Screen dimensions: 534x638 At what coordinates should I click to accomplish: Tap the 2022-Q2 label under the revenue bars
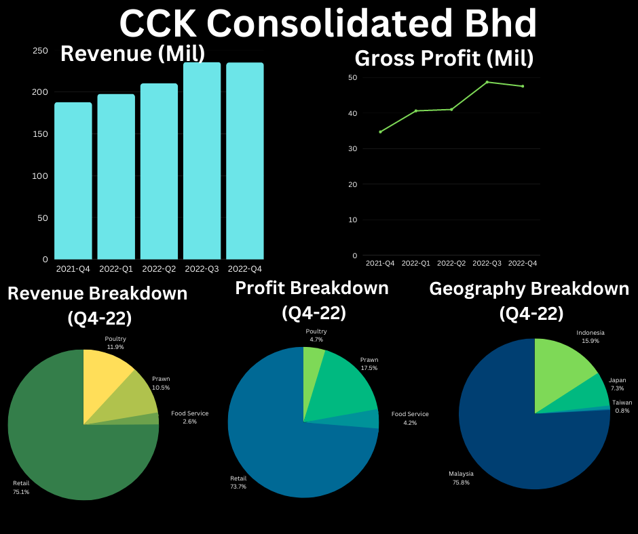[159, 269]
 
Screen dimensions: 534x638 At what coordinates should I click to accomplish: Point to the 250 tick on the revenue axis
[40, 51]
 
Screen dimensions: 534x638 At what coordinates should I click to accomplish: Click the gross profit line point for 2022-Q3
[487, 82]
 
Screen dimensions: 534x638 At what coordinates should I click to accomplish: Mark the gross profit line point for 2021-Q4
[380, 131]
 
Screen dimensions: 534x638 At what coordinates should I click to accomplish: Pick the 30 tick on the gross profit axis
[353, 148]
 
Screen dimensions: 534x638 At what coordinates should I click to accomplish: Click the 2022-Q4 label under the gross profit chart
[523, 263]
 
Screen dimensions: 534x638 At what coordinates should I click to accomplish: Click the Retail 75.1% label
[21, 487]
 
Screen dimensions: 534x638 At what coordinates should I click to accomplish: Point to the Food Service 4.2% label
[410, 418]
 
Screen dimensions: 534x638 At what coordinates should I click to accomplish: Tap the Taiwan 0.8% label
[622, 406]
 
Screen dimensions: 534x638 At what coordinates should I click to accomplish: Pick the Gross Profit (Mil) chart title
[444, 58]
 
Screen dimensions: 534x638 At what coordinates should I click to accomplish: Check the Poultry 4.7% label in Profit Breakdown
[316, 335]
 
